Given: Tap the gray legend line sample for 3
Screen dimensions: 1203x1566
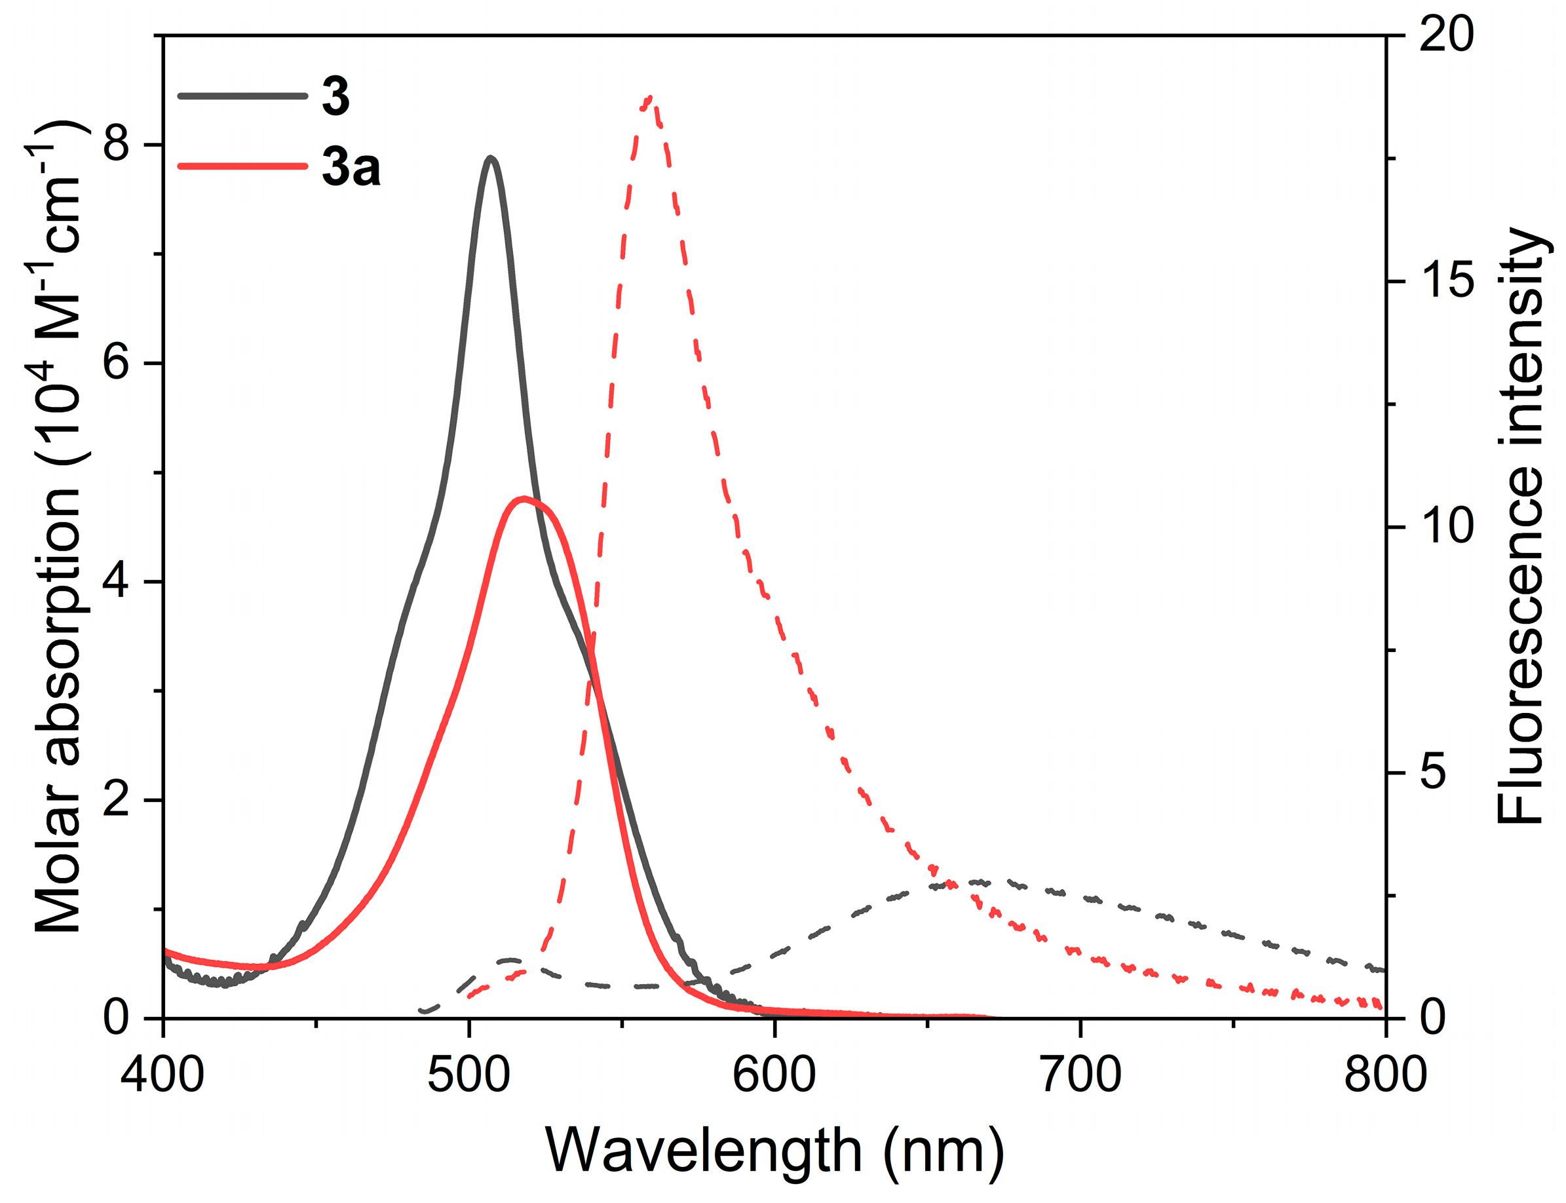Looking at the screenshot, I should (241, 95).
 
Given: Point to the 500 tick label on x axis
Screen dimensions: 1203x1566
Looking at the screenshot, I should (469, 1075).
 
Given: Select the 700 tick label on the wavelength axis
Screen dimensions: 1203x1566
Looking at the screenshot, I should (1080, 1075).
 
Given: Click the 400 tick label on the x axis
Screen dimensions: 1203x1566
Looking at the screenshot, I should (162, 1075).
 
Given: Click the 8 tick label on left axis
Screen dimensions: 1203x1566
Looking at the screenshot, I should (116, 145).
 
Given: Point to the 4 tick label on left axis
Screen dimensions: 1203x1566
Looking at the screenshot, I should (116, 581).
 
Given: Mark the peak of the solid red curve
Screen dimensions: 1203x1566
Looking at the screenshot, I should (524, 499).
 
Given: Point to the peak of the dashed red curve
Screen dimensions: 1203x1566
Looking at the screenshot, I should (649, 98).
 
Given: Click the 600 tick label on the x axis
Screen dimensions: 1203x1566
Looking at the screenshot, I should (774, 1075).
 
